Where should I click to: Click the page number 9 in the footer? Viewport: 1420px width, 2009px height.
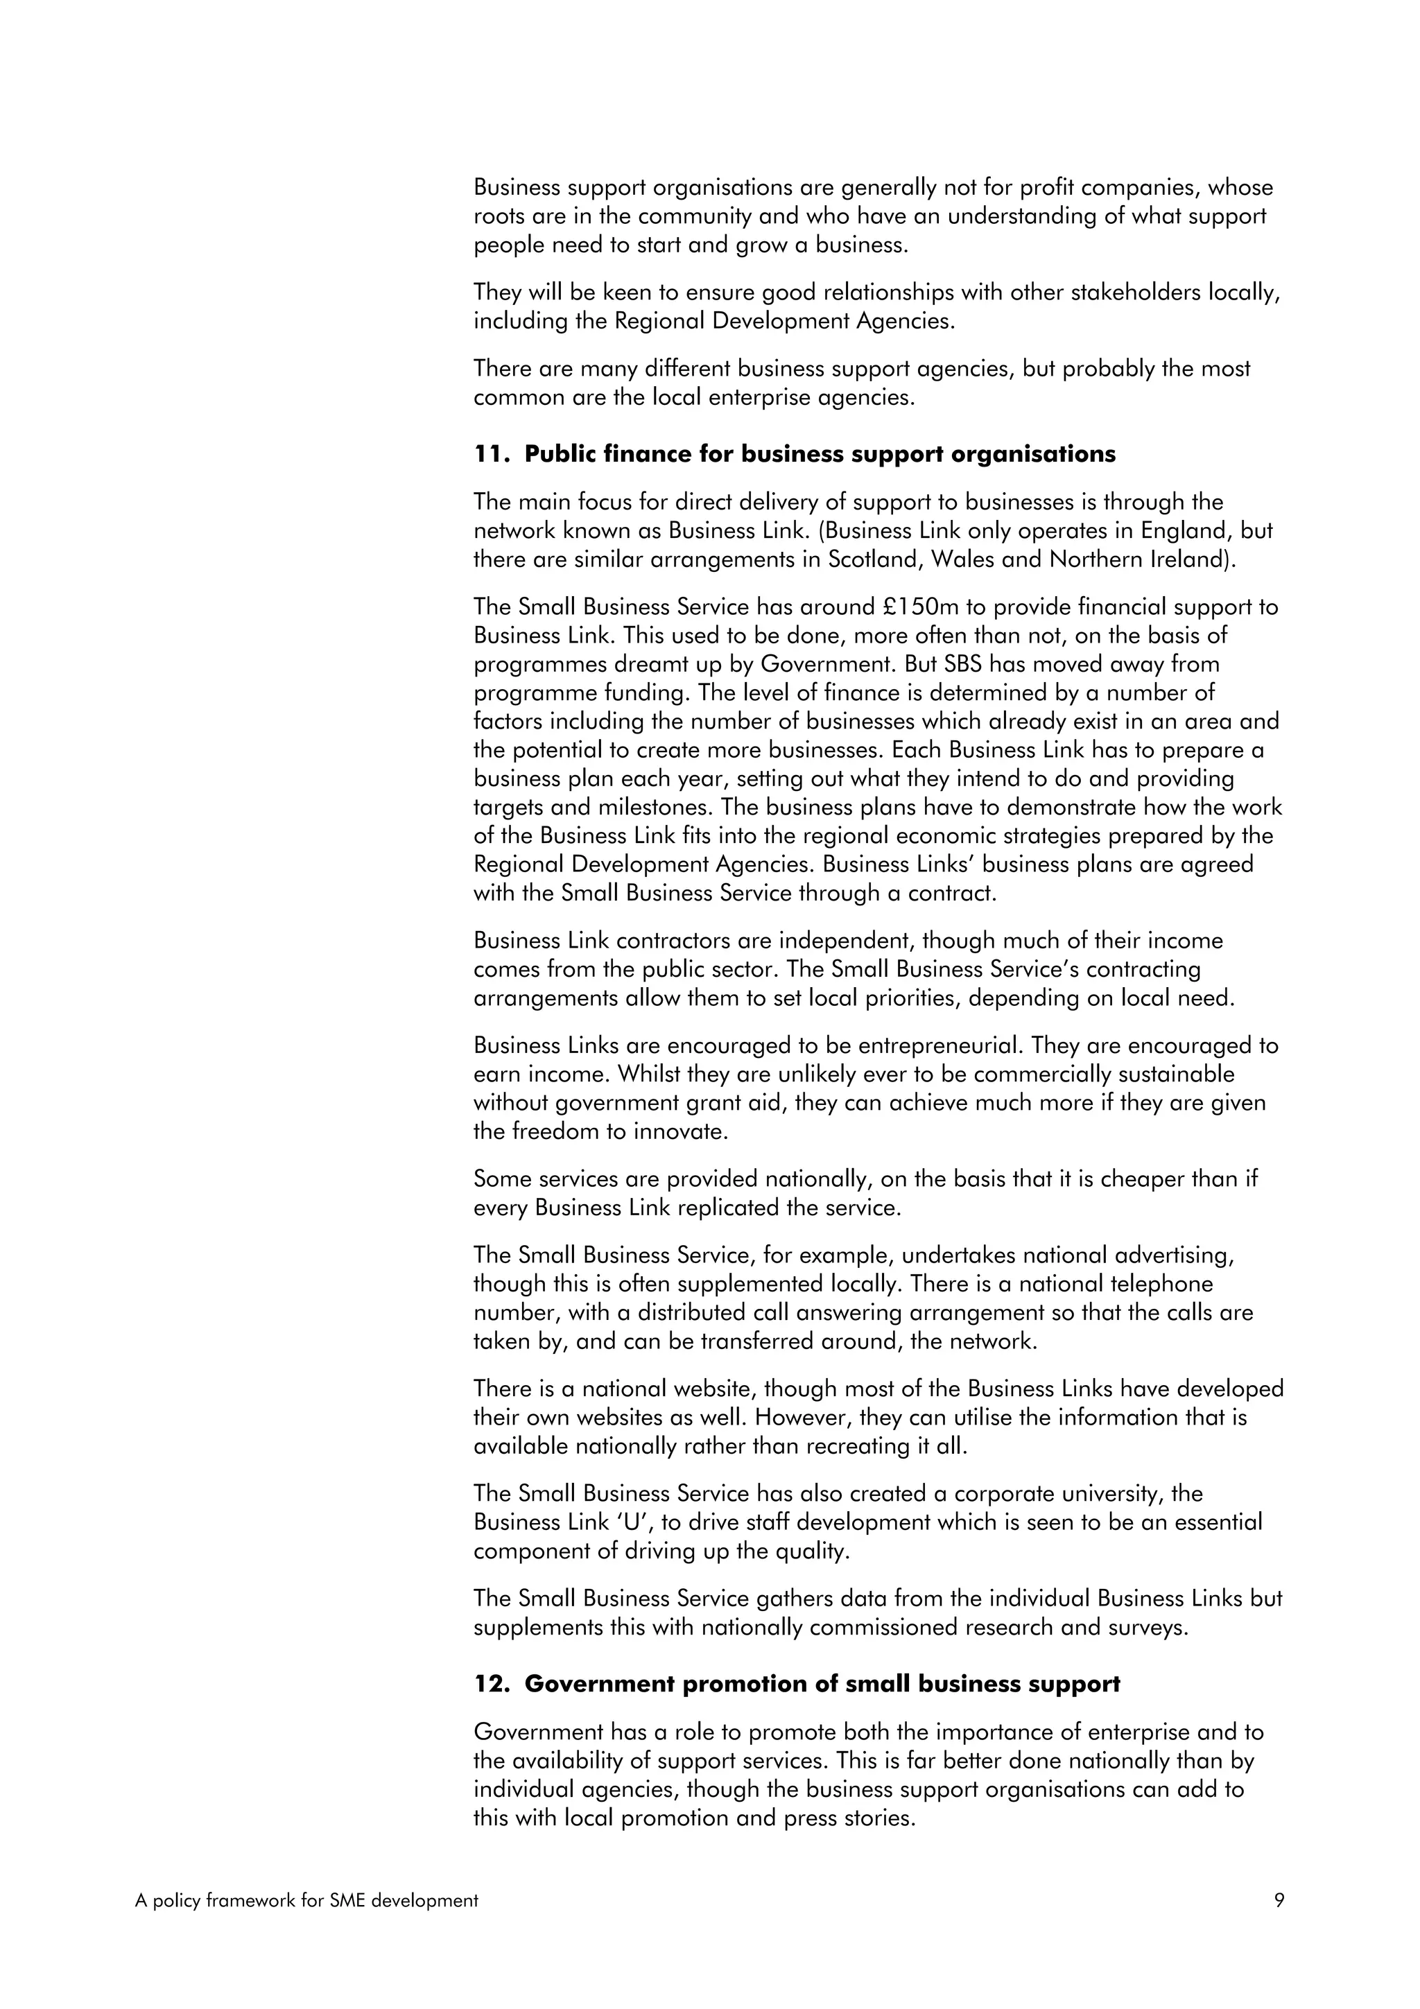click(x=1279, y=1899)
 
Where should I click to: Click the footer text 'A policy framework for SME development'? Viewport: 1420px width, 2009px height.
click(x=307, y=1900)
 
